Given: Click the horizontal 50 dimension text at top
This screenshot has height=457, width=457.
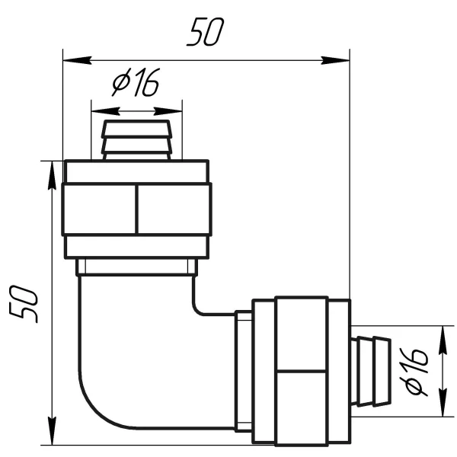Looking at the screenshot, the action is [206, 31].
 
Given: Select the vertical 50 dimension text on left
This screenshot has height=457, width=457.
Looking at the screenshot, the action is [24, 304].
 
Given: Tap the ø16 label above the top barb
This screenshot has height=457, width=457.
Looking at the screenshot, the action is [136, 82].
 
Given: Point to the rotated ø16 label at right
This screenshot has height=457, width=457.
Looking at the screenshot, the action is [414, 372].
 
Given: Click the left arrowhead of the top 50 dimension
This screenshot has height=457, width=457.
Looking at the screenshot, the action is [77, 60].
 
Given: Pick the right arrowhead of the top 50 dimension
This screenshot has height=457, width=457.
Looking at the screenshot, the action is [335, 60].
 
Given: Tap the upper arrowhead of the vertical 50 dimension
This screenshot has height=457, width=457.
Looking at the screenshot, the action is [52, 175].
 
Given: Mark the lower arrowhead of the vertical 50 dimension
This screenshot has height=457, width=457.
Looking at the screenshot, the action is [52, 431].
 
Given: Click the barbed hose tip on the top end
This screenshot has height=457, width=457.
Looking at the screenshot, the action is [136, 140].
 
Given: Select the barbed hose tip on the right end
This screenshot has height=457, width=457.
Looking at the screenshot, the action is [371, 371].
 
